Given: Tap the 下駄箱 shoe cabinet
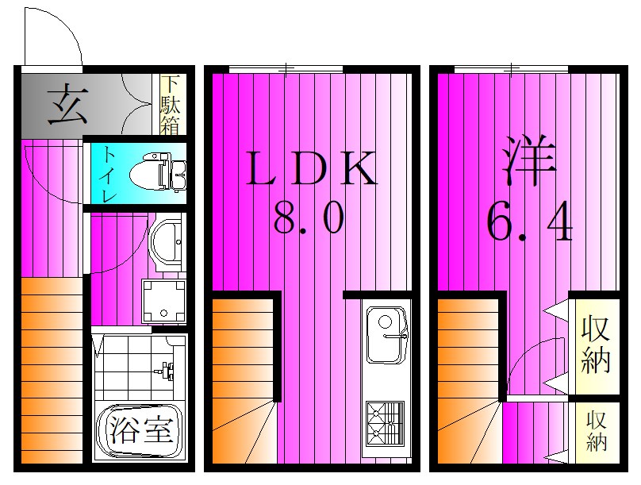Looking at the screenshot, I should coord(170,105).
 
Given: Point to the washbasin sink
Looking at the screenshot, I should coord(167,242).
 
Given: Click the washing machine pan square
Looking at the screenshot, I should coord(163,301).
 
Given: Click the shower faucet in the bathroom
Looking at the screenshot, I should coord(167,370).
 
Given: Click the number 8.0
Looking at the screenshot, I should coord(309,217).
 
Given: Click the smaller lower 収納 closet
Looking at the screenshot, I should coord(596,432).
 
